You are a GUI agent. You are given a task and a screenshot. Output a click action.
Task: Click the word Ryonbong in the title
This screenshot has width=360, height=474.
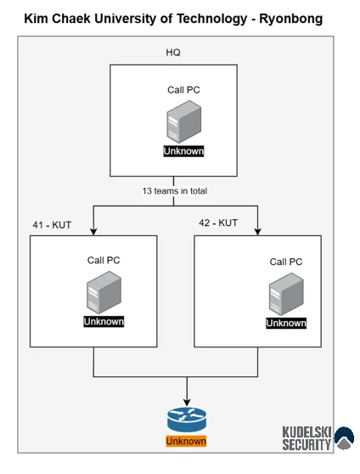(290, 19)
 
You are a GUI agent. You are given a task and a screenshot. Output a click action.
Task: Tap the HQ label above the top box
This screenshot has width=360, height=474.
(173, 53)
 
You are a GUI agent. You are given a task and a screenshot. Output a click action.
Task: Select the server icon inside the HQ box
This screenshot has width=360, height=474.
(183, 121)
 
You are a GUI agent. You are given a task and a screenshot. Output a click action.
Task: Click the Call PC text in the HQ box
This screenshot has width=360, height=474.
(183, 90)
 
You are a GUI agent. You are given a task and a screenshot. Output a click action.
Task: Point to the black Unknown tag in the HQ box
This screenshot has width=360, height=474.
(183, 151)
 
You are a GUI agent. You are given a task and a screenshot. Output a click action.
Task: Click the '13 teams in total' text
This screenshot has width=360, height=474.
(175, 191)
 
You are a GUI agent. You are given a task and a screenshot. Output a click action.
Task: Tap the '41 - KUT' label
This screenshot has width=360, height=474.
(52, 225)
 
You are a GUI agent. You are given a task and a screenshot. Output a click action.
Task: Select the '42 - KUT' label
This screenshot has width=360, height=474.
(218, 223)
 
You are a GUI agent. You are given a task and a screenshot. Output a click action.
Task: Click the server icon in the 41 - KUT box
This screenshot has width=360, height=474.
(104, 292)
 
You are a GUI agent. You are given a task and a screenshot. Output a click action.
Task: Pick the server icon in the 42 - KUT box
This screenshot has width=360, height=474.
(286, 294)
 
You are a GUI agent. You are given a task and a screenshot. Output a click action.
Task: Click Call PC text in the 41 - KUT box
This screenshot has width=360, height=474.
(104, 260)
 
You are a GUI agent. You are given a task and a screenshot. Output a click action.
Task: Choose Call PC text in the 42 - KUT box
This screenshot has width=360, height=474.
(286, 262)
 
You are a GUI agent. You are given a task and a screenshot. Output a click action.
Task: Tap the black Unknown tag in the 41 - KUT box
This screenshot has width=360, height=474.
(104, 321)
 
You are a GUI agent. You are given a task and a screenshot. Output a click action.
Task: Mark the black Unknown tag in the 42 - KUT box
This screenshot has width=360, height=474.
(286, 323)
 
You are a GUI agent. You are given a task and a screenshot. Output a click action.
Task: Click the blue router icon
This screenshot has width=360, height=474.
(187, 420)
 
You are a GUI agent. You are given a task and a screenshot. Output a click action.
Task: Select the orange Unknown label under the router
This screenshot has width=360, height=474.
(186, 441)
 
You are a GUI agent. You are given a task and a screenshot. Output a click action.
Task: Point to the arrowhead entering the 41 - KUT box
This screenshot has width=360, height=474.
(93, 232)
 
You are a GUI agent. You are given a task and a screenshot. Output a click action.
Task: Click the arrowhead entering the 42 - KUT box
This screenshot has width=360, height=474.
(257, 232)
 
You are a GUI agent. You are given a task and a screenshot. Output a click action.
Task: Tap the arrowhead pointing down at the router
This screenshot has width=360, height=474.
(187, 403)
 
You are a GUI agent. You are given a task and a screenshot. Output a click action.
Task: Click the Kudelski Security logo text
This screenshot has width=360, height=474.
(307, 438)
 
